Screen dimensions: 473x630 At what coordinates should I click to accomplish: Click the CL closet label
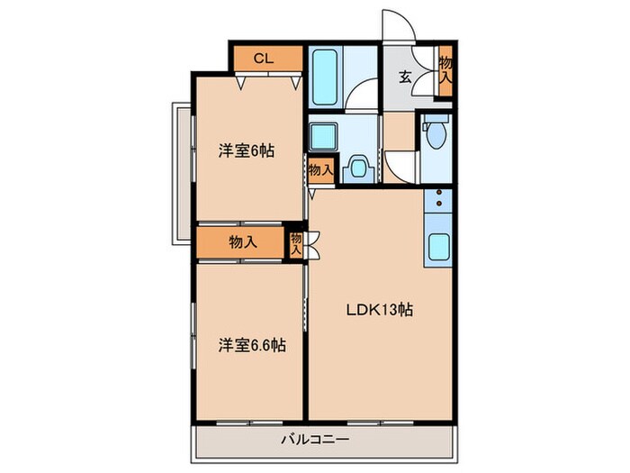tap(263, 59)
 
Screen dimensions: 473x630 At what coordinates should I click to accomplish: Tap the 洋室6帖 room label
tap(245, 151)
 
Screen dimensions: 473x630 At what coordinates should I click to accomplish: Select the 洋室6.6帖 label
tap(251, 344)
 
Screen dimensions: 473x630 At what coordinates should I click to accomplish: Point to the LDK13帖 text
tap(381, 310)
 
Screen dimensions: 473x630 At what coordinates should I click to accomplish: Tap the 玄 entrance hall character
tap(405, 77)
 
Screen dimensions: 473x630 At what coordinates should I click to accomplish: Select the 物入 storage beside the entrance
tap(445, 69)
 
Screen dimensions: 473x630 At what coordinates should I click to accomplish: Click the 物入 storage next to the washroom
tap(321, 169)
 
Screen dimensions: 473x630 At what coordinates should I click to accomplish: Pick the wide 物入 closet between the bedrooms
tap(243, 241)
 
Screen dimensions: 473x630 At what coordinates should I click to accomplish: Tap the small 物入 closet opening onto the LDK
tap(295, 243)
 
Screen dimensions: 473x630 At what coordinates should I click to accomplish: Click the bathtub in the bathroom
tap(324, 77)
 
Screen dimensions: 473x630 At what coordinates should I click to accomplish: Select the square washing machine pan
tap(322, 136)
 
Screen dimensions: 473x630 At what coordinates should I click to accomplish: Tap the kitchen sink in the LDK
tap(438, 246)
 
